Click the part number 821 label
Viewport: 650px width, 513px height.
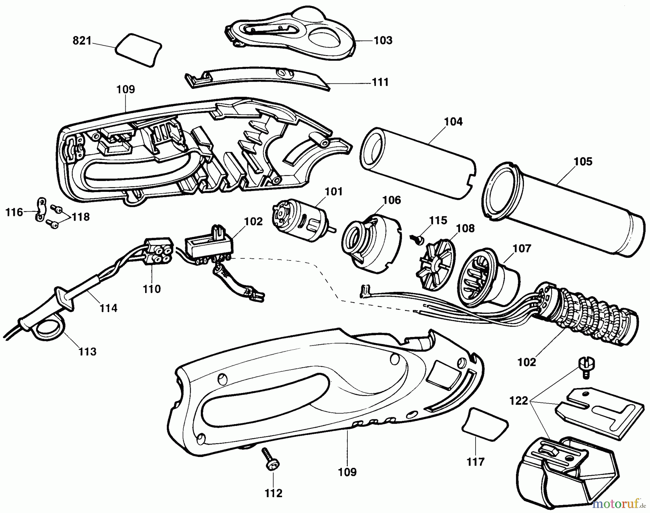pyautogui.click(x=82, y=41)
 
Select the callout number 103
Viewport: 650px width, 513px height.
pyautogui.click(x=382, y=40)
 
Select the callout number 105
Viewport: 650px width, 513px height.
pyautogui.click(x=583, y=161)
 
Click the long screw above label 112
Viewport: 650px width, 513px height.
pyautogui.click(x=269, y=457)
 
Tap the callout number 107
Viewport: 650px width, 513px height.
pyautogui.click(x=522, y=249)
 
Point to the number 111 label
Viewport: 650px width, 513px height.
pyautogui.click(x=380, y=82)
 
